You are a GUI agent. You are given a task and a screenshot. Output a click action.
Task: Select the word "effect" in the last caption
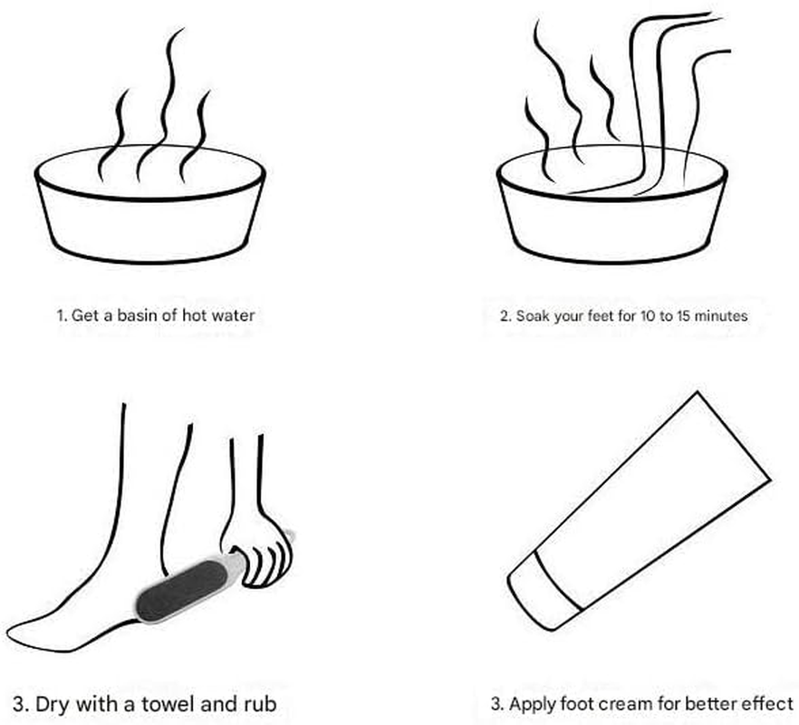point(769,703)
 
